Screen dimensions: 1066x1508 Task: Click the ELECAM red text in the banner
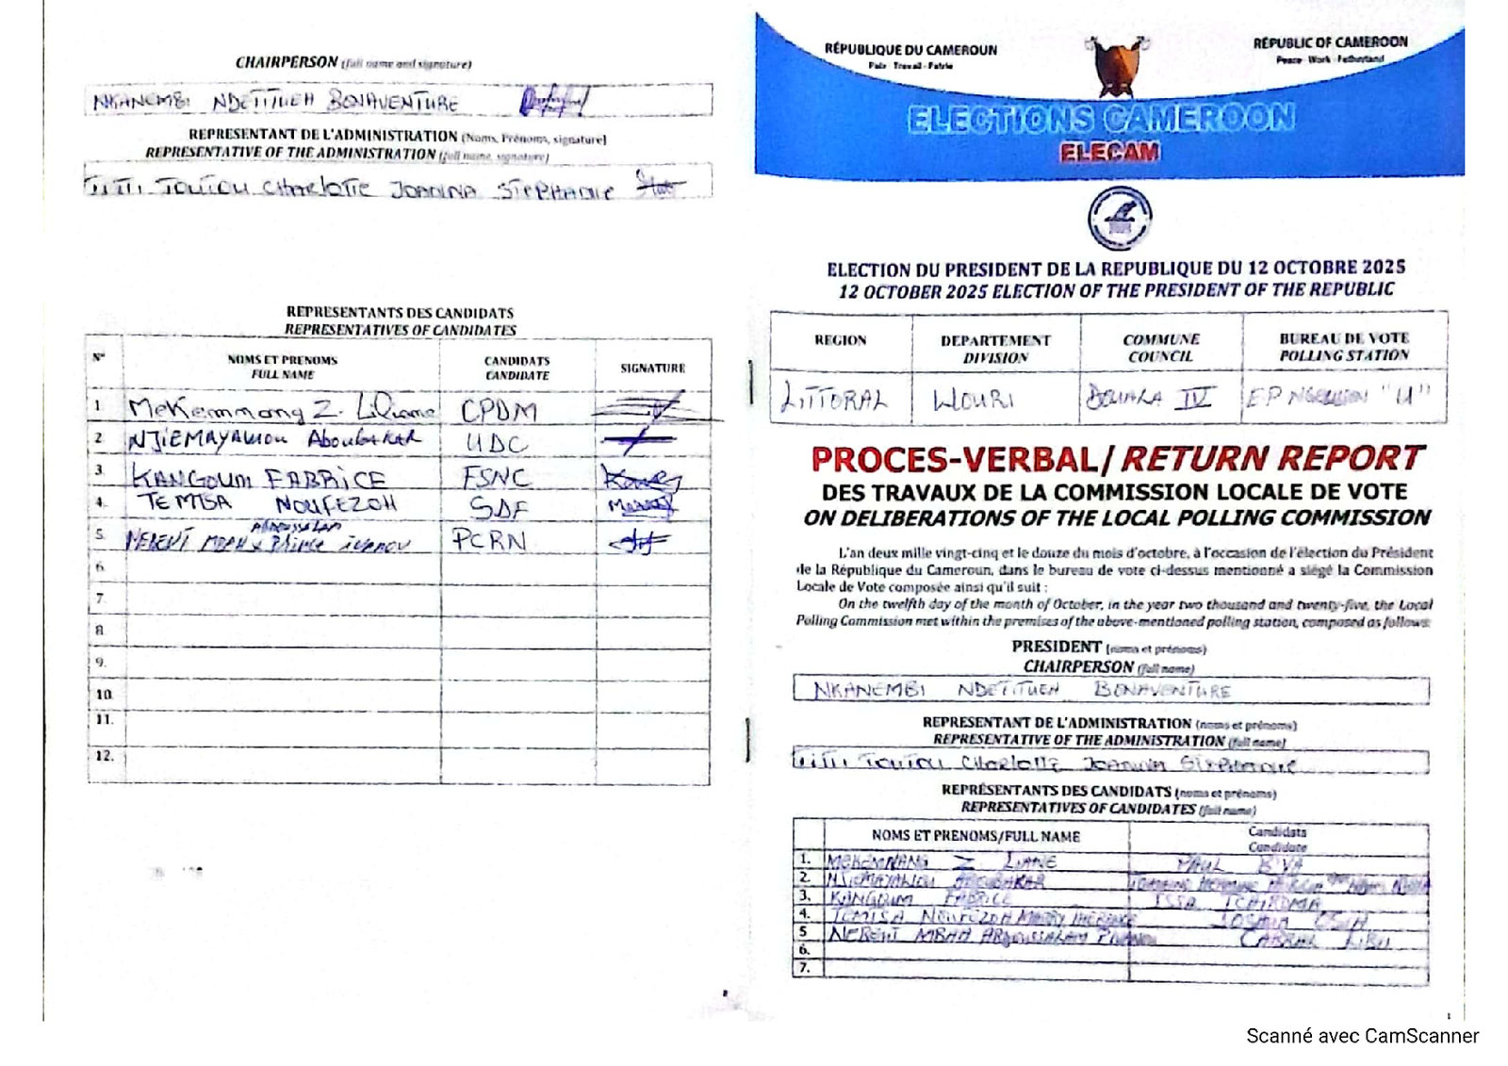[x=1109, y=152]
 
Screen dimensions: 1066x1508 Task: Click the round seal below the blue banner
[x=1119, y=218]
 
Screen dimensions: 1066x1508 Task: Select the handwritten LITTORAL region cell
[x=833, y=400]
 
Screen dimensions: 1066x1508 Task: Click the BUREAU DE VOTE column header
[x=1344, y=346]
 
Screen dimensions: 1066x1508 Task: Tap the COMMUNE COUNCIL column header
[x=1161, y=347]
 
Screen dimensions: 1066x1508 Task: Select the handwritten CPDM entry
[x=499, y=411]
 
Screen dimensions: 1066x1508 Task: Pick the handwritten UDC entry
[x=497, y=443]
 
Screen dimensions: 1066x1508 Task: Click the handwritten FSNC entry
[x=496, y=477]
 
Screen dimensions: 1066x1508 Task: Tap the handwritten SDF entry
[x=498, y=508]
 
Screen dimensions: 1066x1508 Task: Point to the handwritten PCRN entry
[x=488, y=540]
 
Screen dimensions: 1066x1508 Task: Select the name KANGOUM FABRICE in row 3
[x=259, y=478]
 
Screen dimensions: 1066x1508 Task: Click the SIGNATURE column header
[x=652, y=368]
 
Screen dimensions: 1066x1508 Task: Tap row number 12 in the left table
[x=104, y=756]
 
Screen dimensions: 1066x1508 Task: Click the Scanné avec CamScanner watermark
[x=1362, y=1036]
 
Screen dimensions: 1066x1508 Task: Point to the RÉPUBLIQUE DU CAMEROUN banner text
[x=910, y=50]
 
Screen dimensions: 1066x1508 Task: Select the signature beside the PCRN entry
[x=638, y=542]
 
